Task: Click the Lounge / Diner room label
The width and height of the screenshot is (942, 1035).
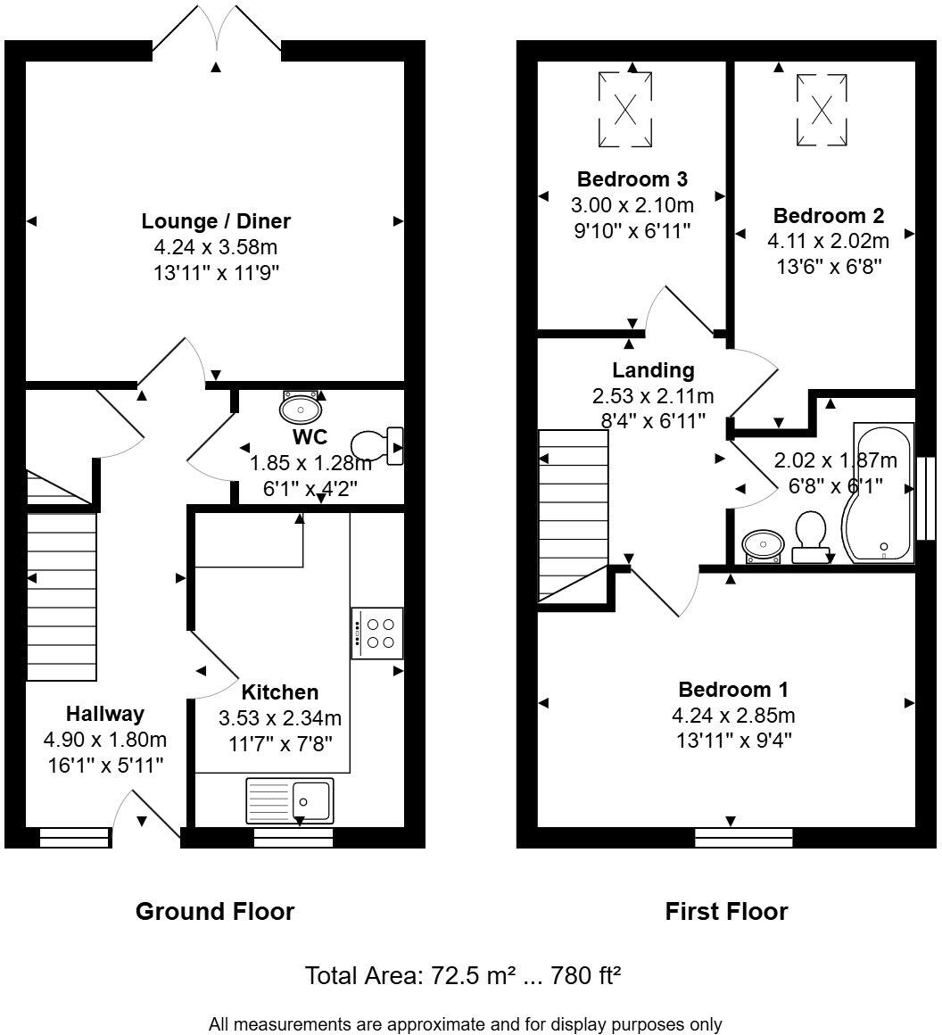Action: point(216,220)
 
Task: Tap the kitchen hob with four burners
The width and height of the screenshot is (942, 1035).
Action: point(378,633)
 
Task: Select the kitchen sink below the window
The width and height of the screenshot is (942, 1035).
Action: point(289,799)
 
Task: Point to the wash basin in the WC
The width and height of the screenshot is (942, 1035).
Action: point(301,408)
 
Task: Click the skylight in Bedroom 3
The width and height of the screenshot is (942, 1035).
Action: point(624,110)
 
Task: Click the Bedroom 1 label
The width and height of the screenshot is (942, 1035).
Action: point(733,690)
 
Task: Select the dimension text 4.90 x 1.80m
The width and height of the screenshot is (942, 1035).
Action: point(105,740)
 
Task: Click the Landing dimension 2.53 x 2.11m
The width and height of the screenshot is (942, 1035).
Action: point(653,395)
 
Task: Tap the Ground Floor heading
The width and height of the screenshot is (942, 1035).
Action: point(215,911)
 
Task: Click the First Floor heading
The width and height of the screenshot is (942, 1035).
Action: point(726,911)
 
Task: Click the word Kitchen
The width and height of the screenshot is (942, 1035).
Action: point(280,692)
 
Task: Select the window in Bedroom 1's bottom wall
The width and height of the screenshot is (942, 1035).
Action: point(743,837)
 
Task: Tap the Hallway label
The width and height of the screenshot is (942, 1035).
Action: point(105,714)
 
